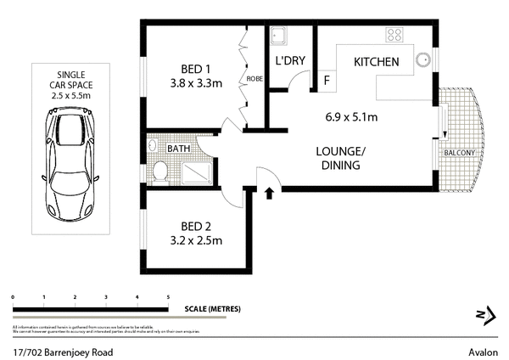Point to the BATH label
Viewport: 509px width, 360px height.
click(178, 149)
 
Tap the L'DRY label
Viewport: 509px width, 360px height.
click(290, 62)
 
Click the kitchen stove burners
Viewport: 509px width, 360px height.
click(394, 35)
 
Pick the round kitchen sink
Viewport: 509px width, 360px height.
click(423, 60)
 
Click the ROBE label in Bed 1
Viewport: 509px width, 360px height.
click(254, 79)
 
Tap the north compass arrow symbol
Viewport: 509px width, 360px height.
click(485, 316)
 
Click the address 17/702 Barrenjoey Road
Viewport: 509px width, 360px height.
click(63, 351)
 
